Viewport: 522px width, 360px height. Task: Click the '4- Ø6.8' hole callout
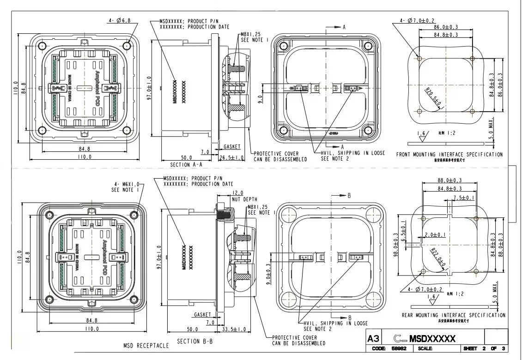[120, 20]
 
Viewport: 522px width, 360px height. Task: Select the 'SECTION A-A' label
[186, 165]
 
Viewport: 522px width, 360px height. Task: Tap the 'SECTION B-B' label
[195, 342]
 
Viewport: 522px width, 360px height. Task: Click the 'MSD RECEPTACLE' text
[146, 346]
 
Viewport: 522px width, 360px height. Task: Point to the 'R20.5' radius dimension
[432, 96]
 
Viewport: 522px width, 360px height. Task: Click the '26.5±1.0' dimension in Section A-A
[231, 158]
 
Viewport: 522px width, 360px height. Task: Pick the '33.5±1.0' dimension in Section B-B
[234, 329]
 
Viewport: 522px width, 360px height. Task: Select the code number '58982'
[398, 349]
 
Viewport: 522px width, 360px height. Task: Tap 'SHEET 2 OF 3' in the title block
[484, 349]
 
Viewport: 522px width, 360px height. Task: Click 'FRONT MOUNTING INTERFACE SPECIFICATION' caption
[449, 155]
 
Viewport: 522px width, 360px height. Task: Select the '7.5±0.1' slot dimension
[463, 198]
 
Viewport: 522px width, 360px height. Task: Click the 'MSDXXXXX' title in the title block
[432, 339]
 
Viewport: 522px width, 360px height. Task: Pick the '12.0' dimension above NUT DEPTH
[237, 193]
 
